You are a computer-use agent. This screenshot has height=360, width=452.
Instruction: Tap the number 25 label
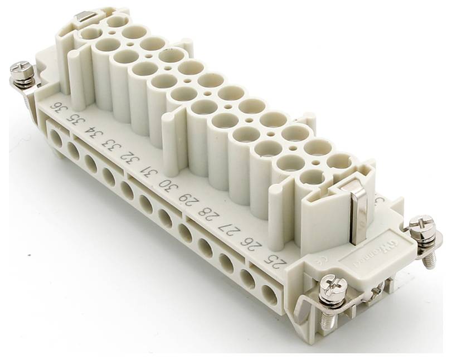(274, 258)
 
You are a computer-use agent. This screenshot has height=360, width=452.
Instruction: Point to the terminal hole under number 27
(226, 261)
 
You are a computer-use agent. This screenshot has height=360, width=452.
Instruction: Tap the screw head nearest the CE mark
(334, 286)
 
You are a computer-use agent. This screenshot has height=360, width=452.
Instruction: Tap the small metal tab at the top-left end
(84, 17)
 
